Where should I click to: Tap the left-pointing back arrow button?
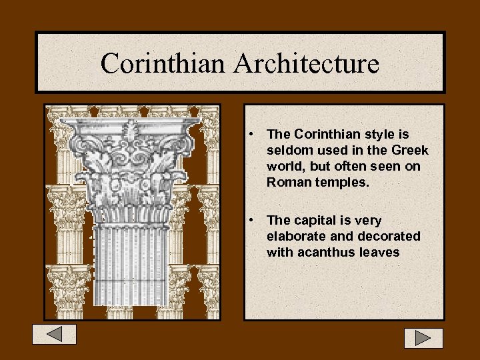55,334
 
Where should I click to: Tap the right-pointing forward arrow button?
423,338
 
